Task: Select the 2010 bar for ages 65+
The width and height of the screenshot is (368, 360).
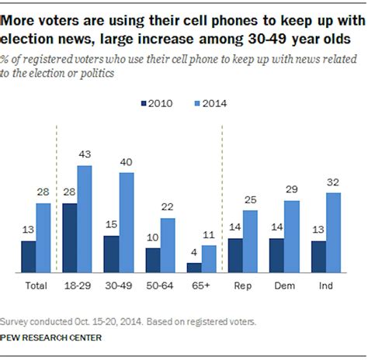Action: pos(194,268)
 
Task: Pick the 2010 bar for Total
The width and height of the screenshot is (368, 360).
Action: pos(29,256)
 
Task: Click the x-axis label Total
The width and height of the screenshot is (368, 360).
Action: pos(36,286)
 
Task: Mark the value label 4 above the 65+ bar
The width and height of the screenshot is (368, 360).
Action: pos(194,253)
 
